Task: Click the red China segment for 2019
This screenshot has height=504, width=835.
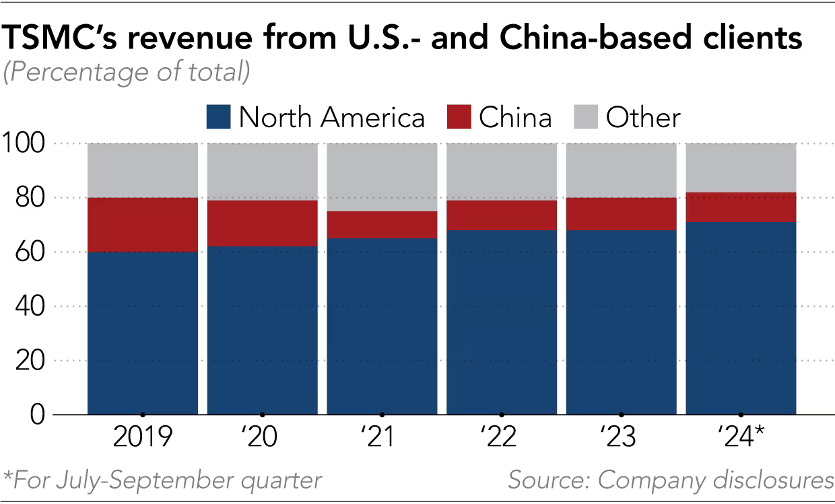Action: [143, 225]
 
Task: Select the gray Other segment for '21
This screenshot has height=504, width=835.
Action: [382, 177]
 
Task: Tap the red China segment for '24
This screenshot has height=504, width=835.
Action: [741, 207]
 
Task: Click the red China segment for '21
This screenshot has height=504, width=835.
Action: [382, 225]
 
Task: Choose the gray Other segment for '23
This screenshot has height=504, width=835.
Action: [621, 170]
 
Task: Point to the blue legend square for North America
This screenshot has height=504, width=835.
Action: [218, 118]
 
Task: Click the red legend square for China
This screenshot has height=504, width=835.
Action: [459, 118]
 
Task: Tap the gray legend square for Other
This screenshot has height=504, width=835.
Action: [586, 118]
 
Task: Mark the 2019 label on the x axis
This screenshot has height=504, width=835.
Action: [143, 438]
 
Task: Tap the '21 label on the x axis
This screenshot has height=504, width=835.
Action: [382, 438]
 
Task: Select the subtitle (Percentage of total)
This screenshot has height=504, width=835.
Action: [127, 71]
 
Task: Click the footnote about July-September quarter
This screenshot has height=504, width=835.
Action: [162, 480]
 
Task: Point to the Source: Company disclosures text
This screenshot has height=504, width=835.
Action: [671, 480]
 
